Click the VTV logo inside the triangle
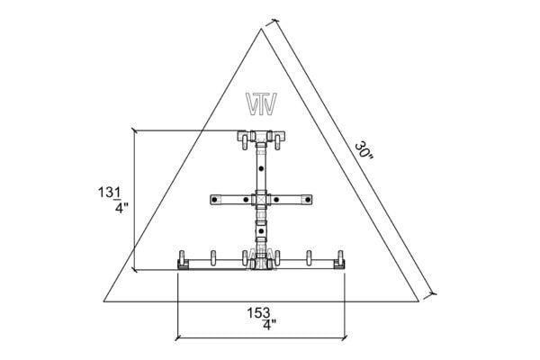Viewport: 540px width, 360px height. click(261, 103)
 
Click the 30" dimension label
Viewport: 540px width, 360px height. click(364, 151)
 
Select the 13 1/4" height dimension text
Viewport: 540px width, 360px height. click(113, 200)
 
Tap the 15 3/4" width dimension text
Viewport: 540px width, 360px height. click(262, 319)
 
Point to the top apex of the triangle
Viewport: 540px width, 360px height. click(261, 29)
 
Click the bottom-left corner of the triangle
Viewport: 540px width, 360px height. click(104, 301)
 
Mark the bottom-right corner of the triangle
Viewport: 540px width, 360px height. click(418, 301)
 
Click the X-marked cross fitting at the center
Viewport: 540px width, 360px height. click(261, 200)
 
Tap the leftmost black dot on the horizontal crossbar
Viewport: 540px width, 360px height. click(214, 200)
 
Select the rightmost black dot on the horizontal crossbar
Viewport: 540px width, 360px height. click(308, 200)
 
